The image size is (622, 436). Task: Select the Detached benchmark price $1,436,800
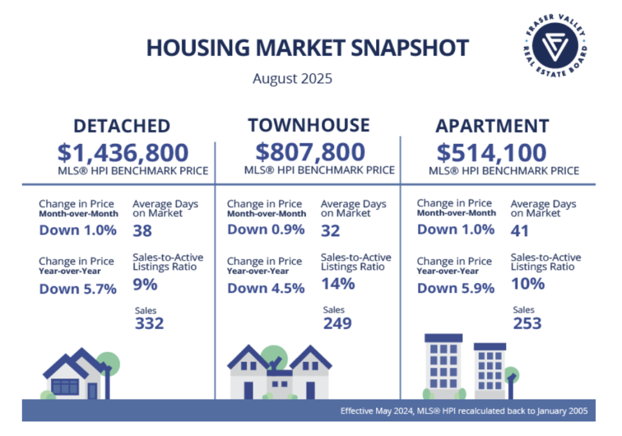pos(123,152)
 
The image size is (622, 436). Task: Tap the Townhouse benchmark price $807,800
pos(310,151)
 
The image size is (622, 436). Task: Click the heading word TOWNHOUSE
pos(309,125)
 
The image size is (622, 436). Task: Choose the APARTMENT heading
pos(492,126)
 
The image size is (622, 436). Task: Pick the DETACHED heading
pos(121,126)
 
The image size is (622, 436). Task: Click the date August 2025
pos(293,78)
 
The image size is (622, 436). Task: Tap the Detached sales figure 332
pos(149,324)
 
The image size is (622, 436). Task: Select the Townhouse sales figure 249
pos(337,323)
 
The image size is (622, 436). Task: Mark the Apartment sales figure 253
pos(527,323)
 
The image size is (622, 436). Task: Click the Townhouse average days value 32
pos(331,231)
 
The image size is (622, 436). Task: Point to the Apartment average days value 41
pos(520,231)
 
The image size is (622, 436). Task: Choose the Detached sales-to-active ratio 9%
pos(145,284)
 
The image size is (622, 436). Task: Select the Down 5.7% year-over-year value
pos(78,289)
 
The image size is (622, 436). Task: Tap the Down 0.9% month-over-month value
pos(266,230)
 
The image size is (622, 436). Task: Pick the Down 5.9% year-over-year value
pos(456,288)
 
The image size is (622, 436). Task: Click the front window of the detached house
pos(65,387)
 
